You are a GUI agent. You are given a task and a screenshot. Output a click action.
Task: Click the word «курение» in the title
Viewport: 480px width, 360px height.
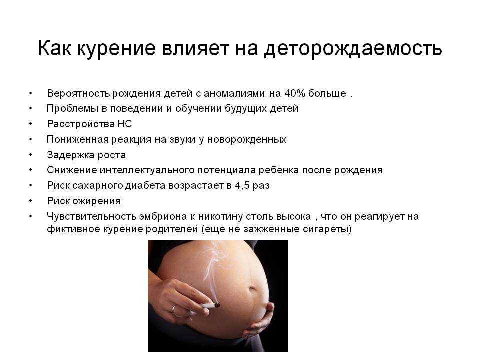coord(116,48)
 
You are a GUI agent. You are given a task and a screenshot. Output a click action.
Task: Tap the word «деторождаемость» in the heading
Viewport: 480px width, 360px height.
coord(353,48)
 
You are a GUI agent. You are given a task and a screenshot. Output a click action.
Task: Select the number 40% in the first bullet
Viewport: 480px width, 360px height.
coord(295,93)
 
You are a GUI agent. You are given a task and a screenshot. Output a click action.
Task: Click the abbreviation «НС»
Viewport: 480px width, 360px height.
coord(124,124)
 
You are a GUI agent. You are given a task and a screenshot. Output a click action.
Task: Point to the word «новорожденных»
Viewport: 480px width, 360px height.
coord(246,140)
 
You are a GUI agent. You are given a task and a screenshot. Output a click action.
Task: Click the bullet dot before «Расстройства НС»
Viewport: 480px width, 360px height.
coord(30,124)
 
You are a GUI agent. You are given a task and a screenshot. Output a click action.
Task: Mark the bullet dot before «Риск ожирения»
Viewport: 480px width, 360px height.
coord(30,201)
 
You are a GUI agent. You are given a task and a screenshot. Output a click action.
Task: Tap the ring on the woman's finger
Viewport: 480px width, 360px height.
coord(173,309)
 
